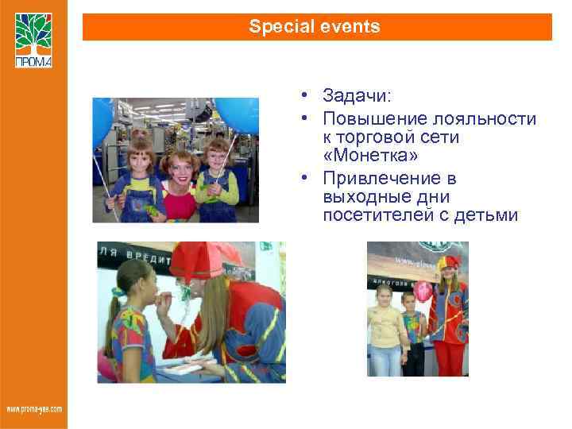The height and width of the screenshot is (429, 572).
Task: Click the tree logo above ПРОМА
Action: tap(33, 33)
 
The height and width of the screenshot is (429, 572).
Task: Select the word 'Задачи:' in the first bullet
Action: tap(357, 96)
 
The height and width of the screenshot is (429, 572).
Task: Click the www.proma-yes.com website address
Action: tap(33, 409)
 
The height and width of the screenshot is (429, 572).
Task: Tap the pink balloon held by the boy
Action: tap(424, 291)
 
